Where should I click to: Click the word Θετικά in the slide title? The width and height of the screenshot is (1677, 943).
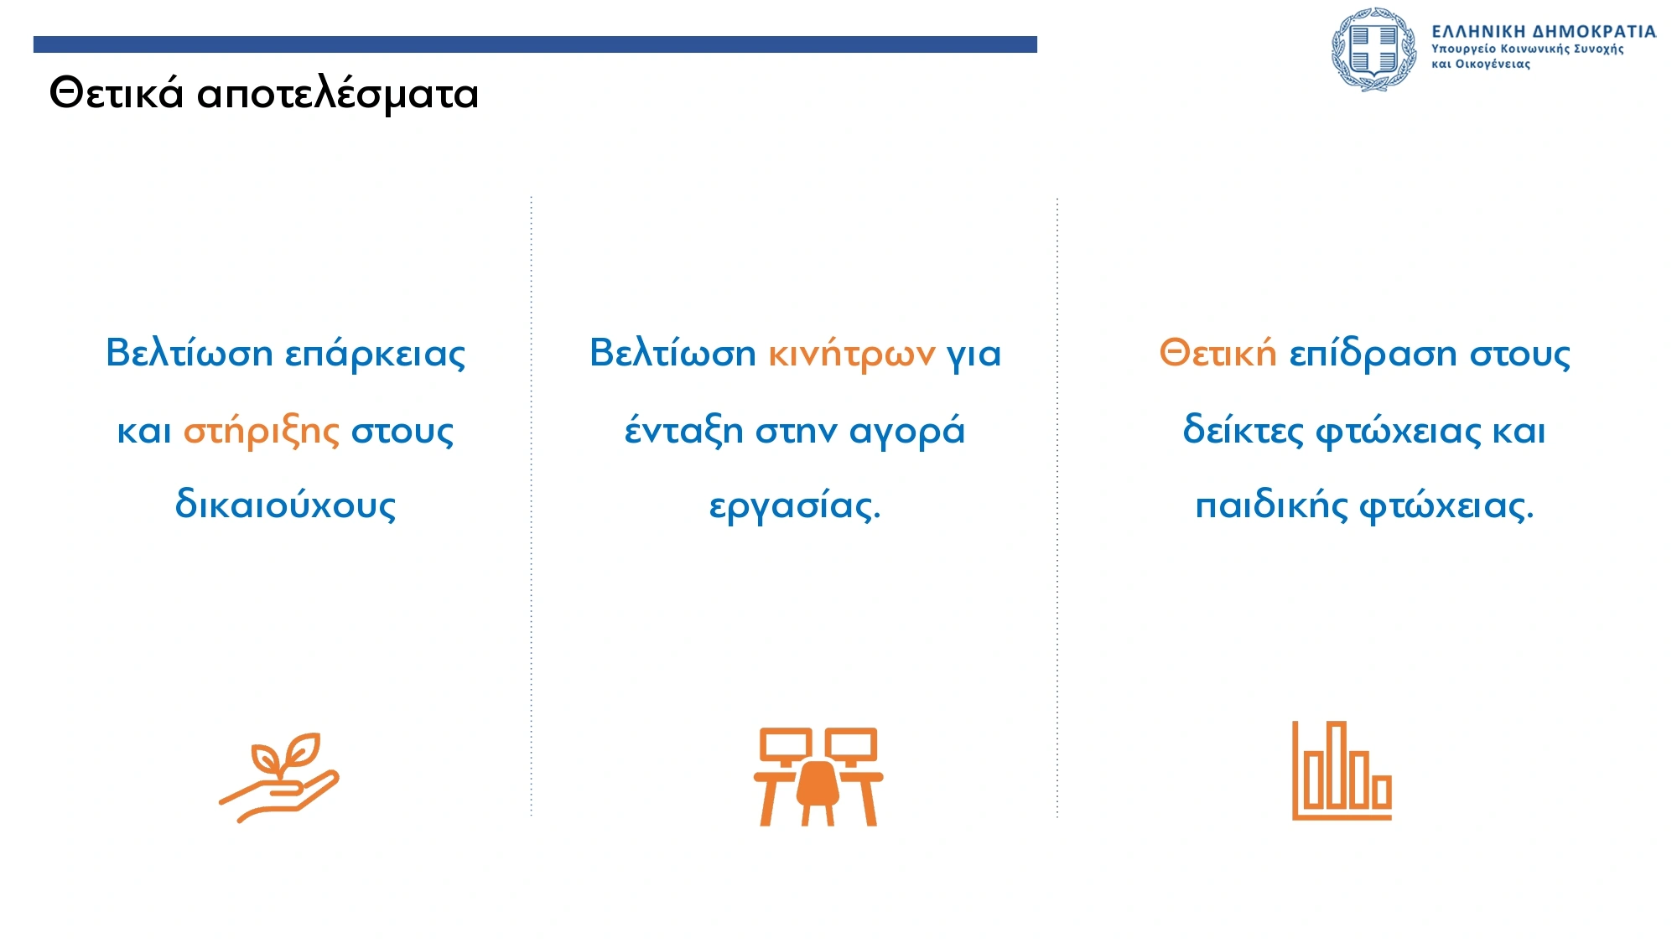click(x=117, y=92)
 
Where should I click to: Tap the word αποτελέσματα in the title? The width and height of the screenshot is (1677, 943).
click(x=338, y=94)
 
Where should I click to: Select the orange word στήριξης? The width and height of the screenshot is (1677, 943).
click(x=262, y=432)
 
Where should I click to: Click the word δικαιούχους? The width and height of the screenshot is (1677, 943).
click(x=285, y=505)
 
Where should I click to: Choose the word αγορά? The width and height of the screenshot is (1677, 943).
click(x=907, y=432)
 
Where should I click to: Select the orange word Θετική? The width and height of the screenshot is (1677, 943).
click(x=1218, y=353)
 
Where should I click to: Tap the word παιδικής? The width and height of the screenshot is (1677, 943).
click(x=1271, y=505)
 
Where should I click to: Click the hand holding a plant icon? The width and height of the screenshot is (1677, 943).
click(x=279, y=778)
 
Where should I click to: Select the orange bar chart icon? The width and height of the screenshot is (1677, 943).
click(x=1342, y=770)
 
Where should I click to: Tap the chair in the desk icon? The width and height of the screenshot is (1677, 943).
click(x=818, y=792)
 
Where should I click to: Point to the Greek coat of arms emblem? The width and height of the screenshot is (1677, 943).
click(x=1374, y=49)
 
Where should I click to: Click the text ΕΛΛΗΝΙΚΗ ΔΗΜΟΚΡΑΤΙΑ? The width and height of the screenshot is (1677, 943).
click(x=1544, y=32)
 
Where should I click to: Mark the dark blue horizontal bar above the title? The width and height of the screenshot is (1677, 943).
click(x=535, y=44)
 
